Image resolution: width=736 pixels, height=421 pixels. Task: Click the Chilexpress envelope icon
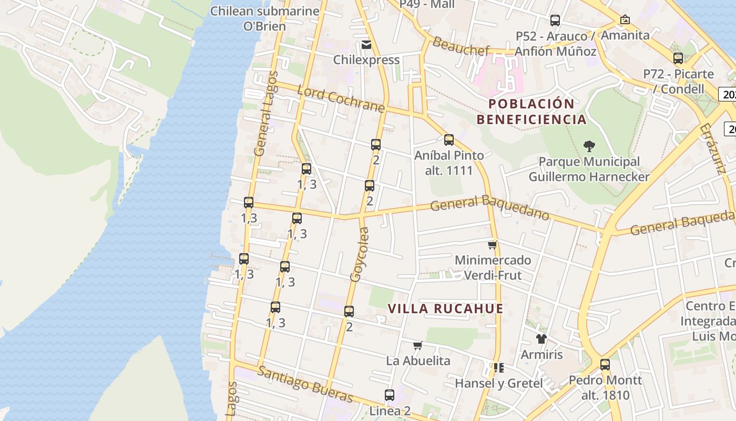366,45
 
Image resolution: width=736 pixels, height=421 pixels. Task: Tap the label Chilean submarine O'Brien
264,18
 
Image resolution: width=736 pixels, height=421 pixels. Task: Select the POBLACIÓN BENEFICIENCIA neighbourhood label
531,111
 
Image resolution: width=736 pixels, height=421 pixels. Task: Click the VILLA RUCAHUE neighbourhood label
446,308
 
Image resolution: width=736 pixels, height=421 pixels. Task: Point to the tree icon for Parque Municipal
589,146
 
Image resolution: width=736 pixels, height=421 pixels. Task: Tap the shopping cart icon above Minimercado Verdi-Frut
493,245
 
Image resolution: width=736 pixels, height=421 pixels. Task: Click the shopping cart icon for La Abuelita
418,346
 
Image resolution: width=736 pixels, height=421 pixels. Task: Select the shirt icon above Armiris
541,339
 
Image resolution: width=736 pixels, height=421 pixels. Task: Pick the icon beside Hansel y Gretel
498,367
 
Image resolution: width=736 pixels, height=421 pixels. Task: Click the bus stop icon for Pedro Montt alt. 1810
605,364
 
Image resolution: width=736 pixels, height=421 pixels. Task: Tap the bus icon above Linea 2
390,395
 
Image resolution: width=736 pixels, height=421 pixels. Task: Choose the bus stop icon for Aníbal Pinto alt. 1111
449,140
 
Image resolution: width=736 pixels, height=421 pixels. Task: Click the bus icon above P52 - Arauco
555,21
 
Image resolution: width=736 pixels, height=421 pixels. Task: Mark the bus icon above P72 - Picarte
678,58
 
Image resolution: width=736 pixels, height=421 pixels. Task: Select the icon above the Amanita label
625,19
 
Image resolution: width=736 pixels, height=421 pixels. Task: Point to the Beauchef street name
461,46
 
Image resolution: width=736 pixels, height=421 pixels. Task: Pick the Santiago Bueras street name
305,384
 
